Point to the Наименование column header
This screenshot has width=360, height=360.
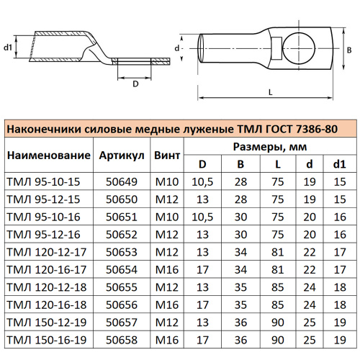point(48,156)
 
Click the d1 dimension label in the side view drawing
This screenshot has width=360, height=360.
point(8,47)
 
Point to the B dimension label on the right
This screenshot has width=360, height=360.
point(348,50)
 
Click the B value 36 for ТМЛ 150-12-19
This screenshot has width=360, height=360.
point(240,322)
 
